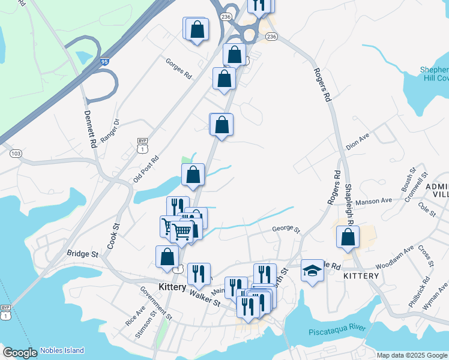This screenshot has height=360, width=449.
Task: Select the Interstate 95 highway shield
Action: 104,61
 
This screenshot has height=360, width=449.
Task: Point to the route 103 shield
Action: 16,154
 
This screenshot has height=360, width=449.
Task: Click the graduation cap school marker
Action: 312,271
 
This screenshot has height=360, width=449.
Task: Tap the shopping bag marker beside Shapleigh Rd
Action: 348,237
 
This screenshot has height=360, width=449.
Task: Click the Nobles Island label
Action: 62,350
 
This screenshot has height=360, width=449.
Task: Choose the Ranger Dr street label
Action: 110,130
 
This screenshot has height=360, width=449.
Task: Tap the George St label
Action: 286,229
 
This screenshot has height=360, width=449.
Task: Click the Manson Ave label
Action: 373,202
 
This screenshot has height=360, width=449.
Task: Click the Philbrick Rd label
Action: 418,292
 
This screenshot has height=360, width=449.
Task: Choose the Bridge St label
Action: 82,254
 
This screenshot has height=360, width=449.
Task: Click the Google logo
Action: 20,352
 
